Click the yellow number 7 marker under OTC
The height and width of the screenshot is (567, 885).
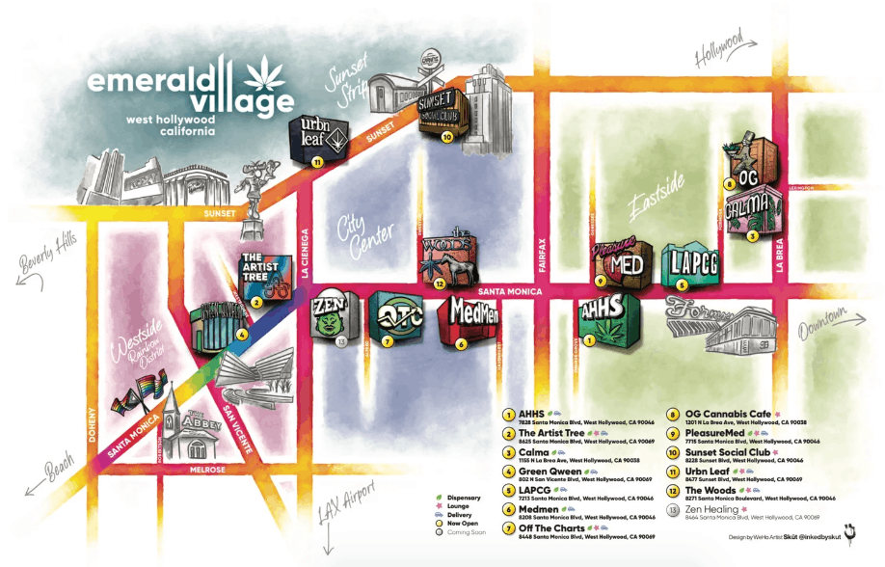pyautogui.click(x=387, y=340)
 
